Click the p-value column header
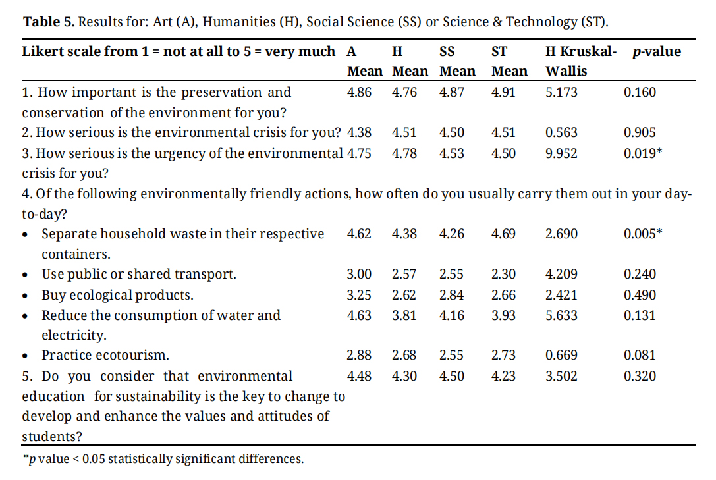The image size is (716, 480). [655, 51]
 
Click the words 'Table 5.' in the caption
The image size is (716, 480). [49, 22]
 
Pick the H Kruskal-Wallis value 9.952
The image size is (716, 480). [561, 153]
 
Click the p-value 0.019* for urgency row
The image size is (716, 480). [643, 153]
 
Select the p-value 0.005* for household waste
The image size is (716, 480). [643, 234]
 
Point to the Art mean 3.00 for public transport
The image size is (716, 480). [359, 275]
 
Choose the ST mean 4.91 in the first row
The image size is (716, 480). [503, 92]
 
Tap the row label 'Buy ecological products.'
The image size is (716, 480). [117, 295]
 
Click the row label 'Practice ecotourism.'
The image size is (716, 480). [105, 356]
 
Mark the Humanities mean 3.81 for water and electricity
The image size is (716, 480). [404, 315]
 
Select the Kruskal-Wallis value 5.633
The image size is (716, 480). [561, 315]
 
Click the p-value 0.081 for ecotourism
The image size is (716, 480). [640, 356]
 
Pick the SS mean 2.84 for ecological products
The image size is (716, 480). [451, 295]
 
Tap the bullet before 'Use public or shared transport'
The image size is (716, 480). [25, 275]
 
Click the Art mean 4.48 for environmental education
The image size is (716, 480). [359, 376]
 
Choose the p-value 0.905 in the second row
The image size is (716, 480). [640, 133]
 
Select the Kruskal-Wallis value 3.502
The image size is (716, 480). [561, 376]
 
